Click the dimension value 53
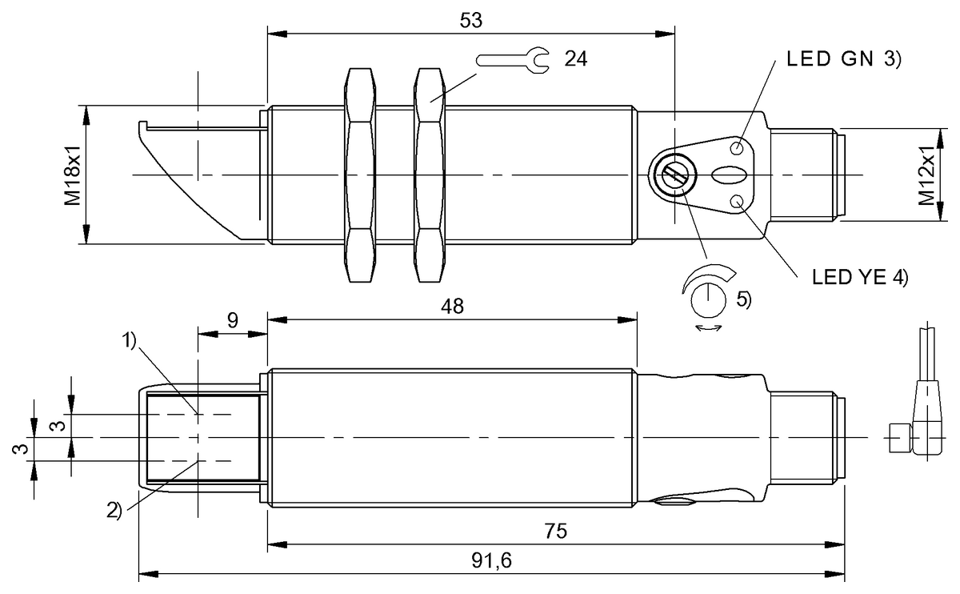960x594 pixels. [471, 21]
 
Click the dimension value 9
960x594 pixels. [231, 320]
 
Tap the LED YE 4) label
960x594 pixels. [860, 277]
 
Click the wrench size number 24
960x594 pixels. [576, 59]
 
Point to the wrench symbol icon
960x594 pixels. [512, 59]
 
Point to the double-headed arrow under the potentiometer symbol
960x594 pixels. [709, 327]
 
